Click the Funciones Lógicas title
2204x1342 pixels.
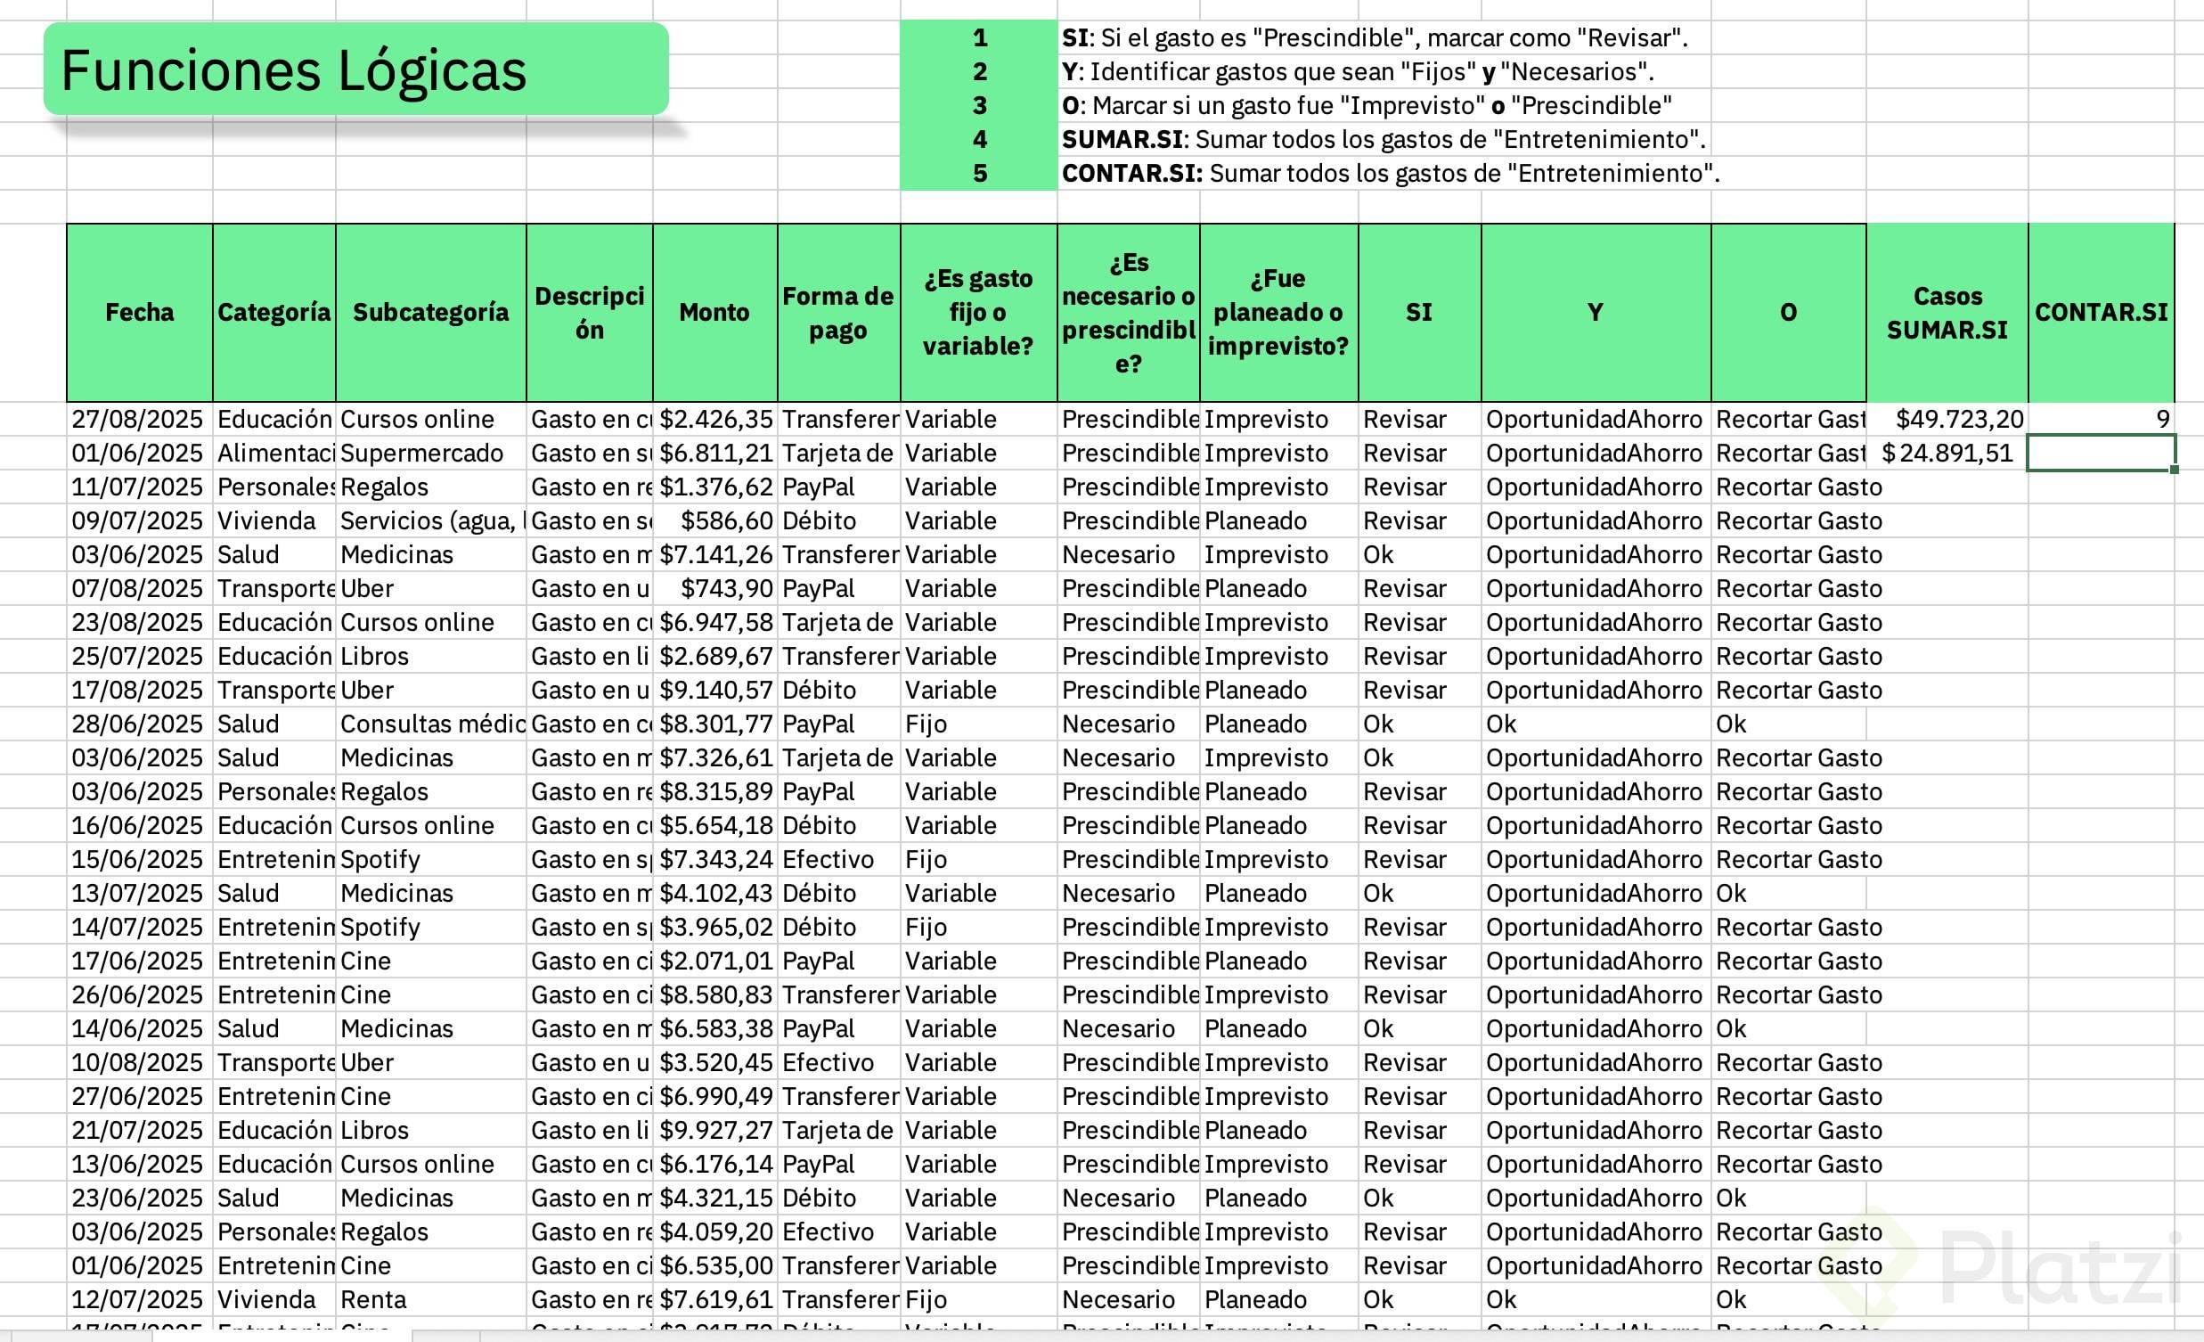point(293,70)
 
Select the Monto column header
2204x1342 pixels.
point(714,312)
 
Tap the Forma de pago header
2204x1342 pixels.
point(837,312)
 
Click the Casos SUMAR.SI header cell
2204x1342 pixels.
point(1947,312)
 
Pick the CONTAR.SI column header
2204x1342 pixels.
point(2101,312)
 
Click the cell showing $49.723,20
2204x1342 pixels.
point(1959,419)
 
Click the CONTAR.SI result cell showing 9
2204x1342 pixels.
point(2162,419)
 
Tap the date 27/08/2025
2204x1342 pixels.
point(138,419)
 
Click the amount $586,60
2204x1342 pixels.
point(725,520)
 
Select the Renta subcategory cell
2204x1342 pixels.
point(373,1299)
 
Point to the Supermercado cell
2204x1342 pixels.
point(421,453)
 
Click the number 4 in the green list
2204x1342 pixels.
point(979,140)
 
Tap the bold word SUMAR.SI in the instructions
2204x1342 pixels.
point(1122,140)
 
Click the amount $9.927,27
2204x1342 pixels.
point(715,1130)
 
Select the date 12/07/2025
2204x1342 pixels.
point(138,1299)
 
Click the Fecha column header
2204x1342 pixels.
point(140,312)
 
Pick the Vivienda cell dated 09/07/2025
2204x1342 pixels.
point(266,520)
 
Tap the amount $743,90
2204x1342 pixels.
point(725,589)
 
